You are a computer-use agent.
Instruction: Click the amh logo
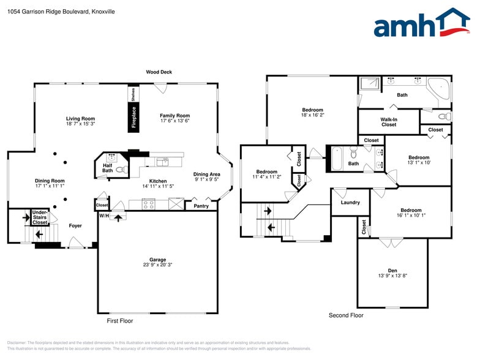click(422, 24)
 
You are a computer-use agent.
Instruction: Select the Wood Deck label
click(159, 72)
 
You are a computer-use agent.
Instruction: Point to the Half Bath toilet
click(120, 169)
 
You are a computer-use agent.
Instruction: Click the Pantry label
click(201, 206)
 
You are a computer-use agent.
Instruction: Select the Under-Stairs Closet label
click(40, 217)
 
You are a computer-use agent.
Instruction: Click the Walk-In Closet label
click(389, 121)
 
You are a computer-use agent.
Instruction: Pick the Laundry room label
click(350, 202)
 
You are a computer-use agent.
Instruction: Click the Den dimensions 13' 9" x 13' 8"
click(392, 276)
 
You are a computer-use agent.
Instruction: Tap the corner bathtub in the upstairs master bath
click(438, 90)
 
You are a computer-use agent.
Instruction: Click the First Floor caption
click(119, 321)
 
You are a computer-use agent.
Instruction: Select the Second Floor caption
click(346, 315)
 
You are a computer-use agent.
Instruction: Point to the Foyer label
click(75, 226)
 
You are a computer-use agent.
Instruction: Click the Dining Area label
click(206, 174)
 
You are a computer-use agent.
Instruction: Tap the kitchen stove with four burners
click(149, 204)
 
